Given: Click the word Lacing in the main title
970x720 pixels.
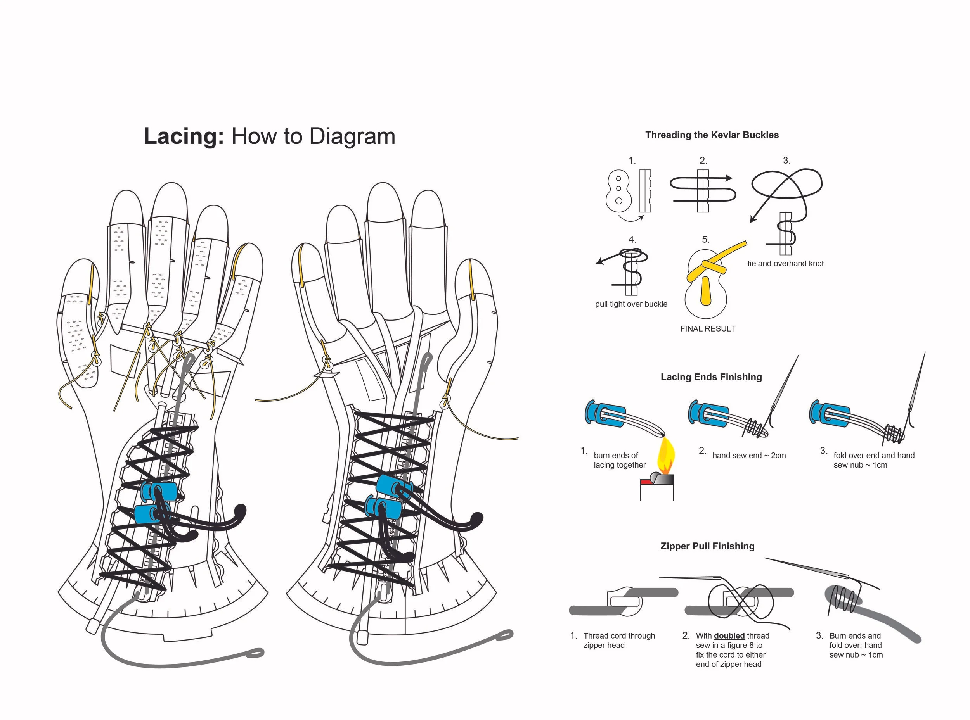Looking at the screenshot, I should click(x=184, y=136).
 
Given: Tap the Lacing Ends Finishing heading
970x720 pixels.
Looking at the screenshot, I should click(x=711, y=377).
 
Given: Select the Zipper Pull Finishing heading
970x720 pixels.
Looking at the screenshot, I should click(x=707, y=546).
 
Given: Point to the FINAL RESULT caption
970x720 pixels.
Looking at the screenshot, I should click(x=707, y=329).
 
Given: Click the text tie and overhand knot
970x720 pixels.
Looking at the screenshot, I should click(x=785, y=264).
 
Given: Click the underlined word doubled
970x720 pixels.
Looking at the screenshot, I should click(x=729, y=636).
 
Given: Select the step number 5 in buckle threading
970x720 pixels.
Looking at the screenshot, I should click(x=705, y=240).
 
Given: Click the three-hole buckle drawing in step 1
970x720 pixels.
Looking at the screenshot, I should click(x=618, y=190).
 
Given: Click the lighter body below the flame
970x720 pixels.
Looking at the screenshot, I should click(x=657, y=489).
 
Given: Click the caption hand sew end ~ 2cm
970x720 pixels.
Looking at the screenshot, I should click(x=748, y=456).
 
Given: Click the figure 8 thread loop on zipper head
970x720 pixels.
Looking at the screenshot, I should click(x=740, y=601).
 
